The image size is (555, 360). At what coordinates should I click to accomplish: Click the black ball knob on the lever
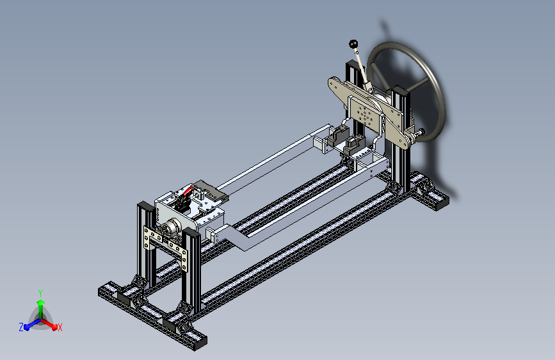353,44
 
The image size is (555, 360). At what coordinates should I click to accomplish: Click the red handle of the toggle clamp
188,192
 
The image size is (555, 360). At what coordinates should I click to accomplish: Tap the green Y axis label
40,293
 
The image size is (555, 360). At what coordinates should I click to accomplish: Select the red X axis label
60,327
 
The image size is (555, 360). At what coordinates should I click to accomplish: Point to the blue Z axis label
21,327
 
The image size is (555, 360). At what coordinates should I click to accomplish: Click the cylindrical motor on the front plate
172,227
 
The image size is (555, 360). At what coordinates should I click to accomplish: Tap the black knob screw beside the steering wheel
421,131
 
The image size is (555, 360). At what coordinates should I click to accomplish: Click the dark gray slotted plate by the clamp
211,190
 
